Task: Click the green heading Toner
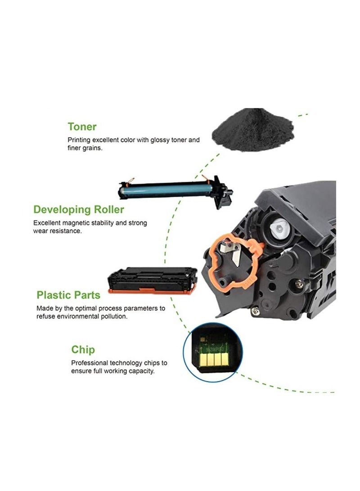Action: click(82, 126)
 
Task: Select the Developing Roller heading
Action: click(79, 209)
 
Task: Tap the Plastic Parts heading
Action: click(68, 295)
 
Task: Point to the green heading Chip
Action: click(83, 349)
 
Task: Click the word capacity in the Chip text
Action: click(141, 371)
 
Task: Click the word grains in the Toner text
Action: click(93, 148)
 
